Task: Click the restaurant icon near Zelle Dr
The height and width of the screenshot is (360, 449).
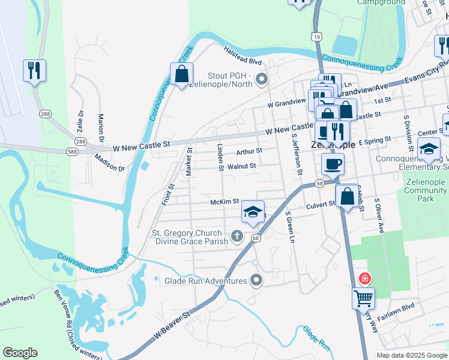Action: click(34, 71)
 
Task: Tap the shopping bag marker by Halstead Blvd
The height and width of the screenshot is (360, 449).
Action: click(181, 74)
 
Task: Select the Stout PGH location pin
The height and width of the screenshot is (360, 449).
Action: click(261, 79)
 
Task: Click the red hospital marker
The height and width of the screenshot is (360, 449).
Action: click(364, 278)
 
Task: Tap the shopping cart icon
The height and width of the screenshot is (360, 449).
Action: click(363, 298)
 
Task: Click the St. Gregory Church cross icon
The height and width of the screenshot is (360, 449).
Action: click(237, 237)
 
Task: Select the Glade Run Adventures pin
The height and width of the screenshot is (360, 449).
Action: click(257, 280)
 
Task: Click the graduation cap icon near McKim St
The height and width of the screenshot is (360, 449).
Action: click(253, 212)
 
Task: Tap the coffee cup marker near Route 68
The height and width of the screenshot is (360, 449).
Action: click(332, 163)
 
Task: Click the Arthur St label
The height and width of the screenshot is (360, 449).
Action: click(249, 151)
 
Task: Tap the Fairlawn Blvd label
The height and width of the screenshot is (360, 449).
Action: click(399, 306)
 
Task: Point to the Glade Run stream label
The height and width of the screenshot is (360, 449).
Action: click(316, 338)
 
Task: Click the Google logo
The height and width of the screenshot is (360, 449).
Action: click(20, 353)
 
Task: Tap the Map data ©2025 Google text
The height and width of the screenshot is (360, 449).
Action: click(411, 355)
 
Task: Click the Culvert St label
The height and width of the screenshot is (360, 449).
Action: click(321, 204)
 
